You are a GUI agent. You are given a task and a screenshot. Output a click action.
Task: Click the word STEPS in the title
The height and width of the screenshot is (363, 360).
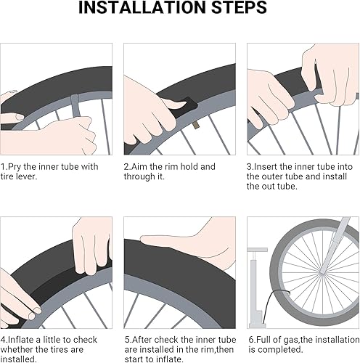240,7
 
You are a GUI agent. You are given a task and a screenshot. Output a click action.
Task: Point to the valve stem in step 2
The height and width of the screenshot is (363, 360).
195,125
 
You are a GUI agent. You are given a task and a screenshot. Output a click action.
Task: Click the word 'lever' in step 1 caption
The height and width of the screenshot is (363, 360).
26,176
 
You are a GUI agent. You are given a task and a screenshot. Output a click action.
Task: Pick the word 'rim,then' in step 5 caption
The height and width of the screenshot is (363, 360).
218,349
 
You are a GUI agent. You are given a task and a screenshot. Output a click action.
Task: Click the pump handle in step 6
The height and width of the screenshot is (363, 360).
257,250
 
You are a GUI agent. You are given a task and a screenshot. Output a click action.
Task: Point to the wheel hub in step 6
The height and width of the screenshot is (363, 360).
322,272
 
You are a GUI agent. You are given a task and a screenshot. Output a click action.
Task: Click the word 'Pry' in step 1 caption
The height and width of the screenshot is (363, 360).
15,167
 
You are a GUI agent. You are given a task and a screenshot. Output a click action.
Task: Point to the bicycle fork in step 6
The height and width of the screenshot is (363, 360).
335,245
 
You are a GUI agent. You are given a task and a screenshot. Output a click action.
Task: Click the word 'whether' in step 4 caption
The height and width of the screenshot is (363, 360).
17,349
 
